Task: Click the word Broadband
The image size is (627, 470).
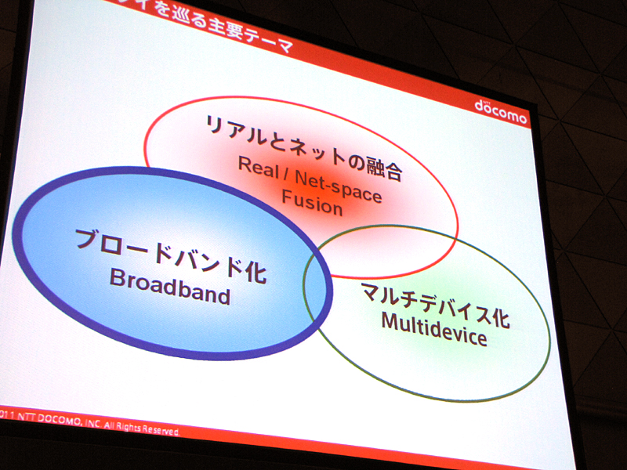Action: [169, 286]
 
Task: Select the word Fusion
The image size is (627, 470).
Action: [312, 202]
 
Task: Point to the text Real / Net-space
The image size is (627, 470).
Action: [310, 178]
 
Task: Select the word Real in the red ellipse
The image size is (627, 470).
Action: [256, 167]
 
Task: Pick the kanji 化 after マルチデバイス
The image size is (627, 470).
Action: [499, 319]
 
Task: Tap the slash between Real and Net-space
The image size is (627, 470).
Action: [282, 172]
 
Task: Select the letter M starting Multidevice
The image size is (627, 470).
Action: [389, 320]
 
